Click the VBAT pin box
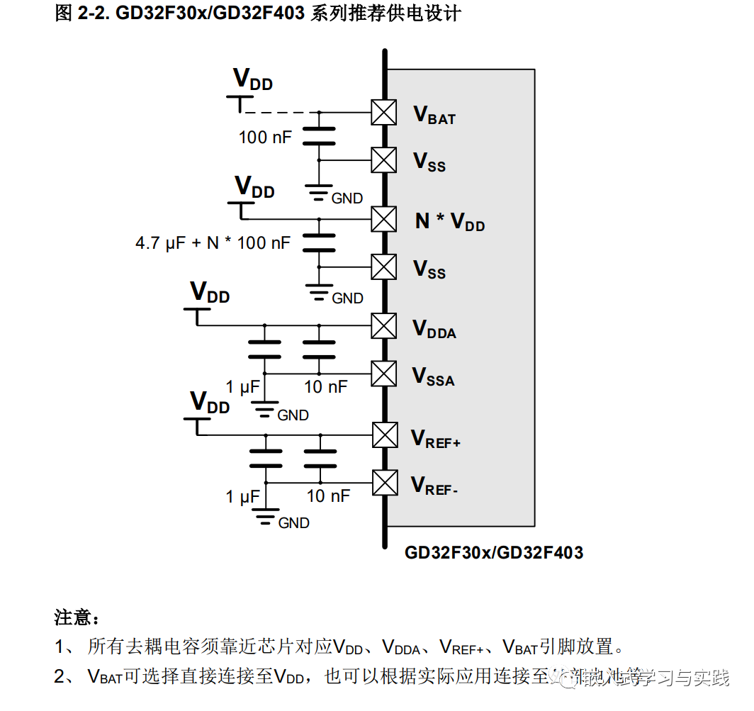coord(383,113)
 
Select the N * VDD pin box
coord(383,219)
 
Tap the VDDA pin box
coord(383,325)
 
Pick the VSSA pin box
coord(383,374)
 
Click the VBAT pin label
coord(434,115)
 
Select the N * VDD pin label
coord(450,222)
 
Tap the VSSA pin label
coord(434,376)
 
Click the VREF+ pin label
coord(436,439)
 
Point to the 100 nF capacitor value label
coord(265,137)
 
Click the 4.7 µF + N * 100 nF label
coord(213,243)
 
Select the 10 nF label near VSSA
coord(326,386)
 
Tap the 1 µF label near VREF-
coord(242,496)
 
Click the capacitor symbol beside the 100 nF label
coord(319,136)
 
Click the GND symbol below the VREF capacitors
coord(266,519)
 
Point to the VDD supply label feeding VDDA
coord(210,293)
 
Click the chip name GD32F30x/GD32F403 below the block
coord(494,553)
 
